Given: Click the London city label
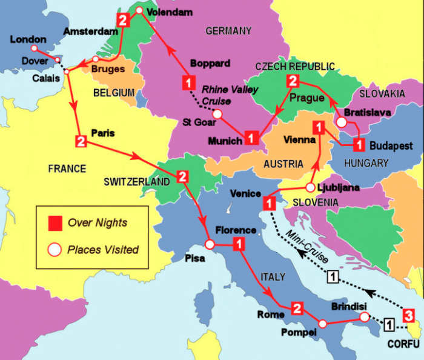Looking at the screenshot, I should coord(28,39).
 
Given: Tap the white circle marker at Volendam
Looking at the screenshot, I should coord(139,10).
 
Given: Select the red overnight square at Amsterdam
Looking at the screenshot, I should coord(124,21).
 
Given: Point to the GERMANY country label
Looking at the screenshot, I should coord(228,30).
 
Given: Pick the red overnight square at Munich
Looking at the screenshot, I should coord(251,139).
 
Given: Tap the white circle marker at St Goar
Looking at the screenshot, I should coord(217,113).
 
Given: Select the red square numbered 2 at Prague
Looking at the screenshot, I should coord(293,81).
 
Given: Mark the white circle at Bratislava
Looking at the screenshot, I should coord(342,122).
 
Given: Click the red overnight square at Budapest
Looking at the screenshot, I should coord(359,144).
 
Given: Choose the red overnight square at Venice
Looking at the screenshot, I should coord(268,204).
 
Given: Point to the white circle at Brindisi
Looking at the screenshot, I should coord(363,316).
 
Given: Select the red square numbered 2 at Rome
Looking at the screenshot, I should coord(296,308).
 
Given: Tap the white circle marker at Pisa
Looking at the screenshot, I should coord(209,245).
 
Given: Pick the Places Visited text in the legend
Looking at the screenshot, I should coord(103,249).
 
